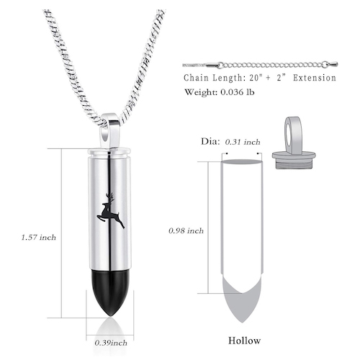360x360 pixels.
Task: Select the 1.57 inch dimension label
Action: [38, 236]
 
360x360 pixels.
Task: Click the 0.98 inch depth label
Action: [185, 231]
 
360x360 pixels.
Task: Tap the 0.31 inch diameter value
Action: [243, 143]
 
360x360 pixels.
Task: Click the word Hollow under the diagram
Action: [244, 340]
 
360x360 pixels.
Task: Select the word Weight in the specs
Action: [199, 93]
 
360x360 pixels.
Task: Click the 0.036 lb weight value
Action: [242, 93]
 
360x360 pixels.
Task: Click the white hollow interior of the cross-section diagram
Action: [243, 216]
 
